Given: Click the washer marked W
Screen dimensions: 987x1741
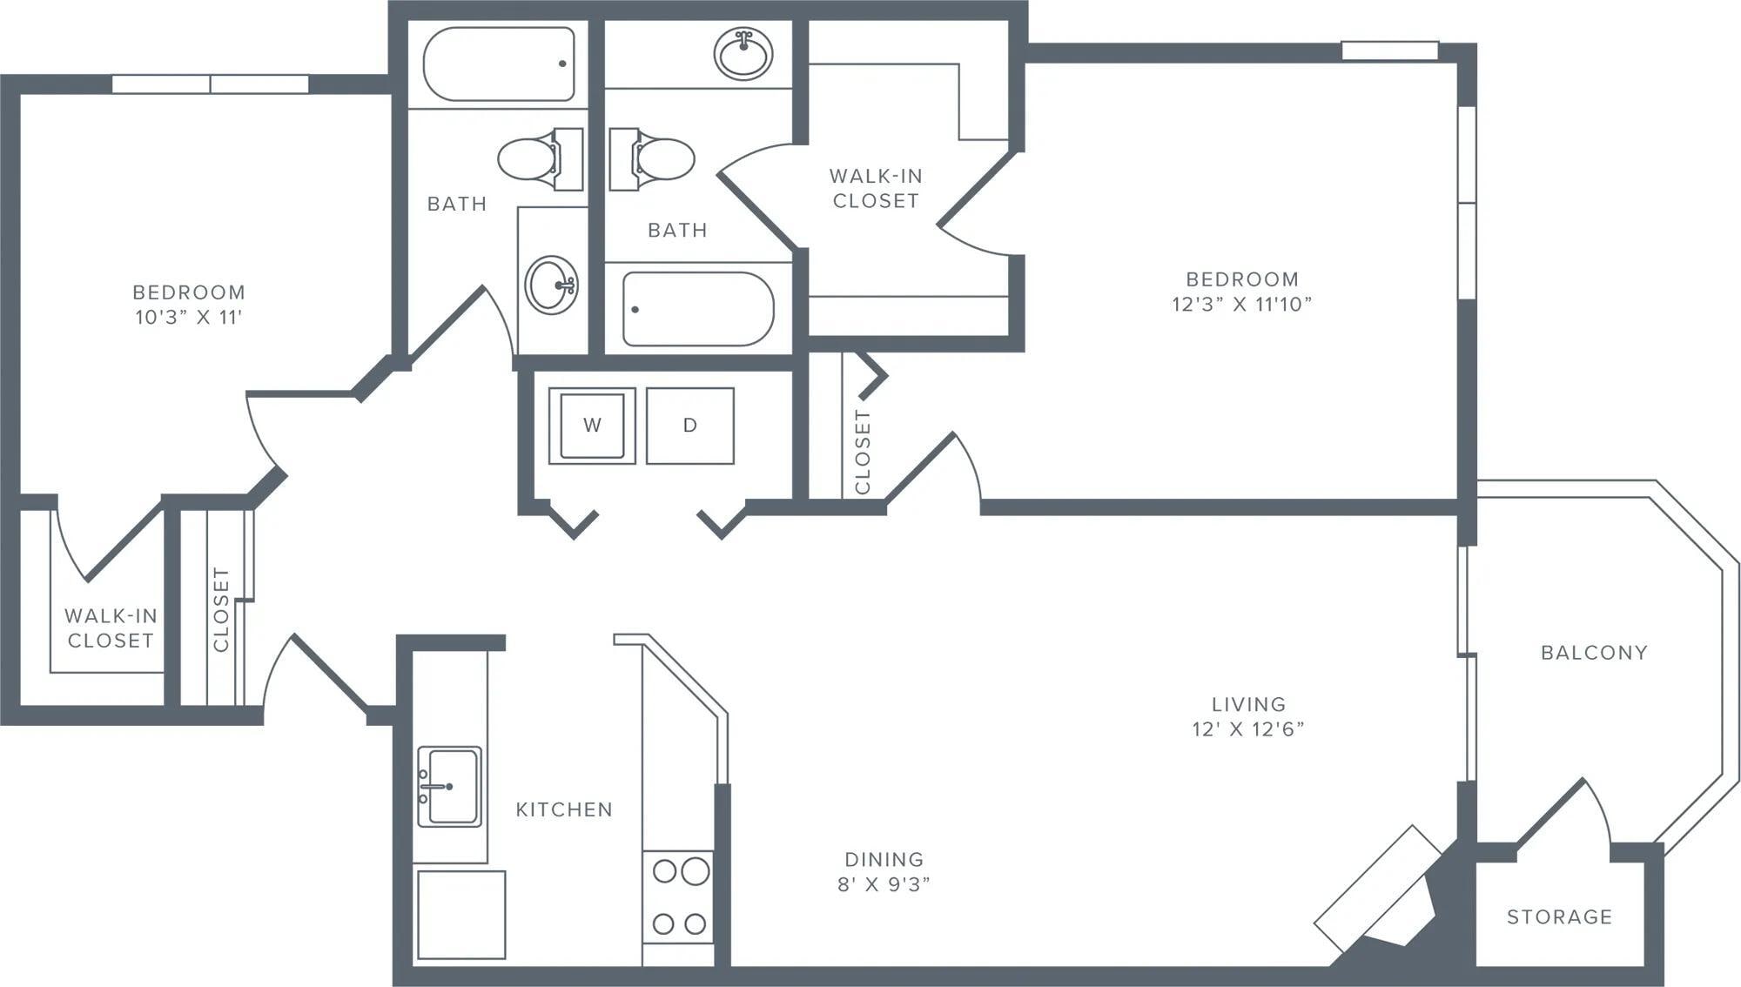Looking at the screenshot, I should [x=592, y=426].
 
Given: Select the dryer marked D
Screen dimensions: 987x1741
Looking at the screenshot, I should [x=689, y=426].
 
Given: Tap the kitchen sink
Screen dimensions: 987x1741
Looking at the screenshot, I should [x=449, y=786].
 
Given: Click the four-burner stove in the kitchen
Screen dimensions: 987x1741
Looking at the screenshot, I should [x=678, y=896].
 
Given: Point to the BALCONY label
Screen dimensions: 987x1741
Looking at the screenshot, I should [x=1594, y=653].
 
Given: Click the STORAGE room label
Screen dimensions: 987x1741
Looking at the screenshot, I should [x=1559, y=916].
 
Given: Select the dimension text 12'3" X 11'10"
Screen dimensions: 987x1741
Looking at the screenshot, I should [x=1241, y=304].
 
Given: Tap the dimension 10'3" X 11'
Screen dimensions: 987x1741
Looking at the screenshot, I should [x=188, y=317].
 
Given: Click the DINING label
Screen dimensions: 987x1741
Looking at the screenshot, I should [x=884, y=859].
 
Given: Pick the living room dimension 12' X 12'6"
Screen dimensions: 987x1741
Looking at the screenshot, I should [x=1248, y=729].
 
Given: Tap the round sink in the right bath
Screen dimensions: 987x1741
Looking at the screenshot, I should [x=743, y=53].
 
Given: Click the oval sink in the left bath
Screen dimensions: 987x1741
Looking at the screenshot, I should [x=551, y=284].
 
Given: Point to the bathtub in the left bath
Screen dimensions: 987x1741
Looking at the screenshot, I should [x=498, y=64].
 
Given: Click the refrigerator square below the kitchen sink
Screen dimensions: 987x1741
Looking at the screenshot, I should [x=460, y=914].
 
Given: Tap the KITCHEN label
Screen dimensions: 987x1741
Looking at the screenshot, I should [x=564, y=809].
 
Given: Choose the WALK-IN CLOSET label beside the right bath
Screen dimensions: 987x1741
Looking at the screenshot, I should [x=875, y=188].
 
